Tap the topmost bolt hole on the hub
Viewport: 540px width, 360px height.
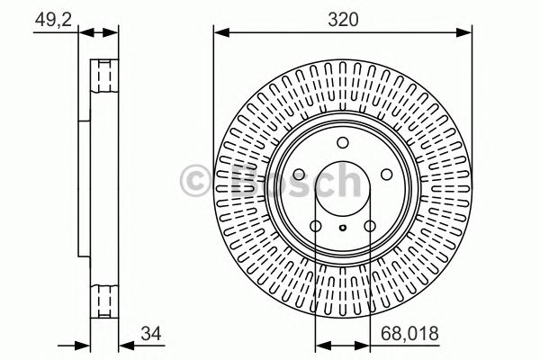[x=342, y=142]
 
